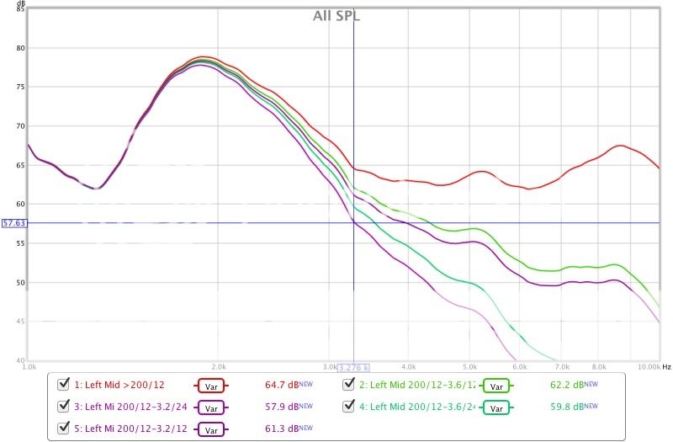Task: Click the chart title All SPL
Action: (336, 15)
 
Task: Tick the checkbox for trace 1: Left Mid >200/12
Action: (62, 385)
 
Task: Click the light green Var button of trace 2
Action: (496, 386)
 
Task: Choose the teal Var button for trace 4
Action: (496, 408)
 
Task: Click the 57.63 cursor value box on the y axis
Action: (14, 223)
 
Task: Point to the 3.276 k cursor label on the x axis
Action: (353, 367)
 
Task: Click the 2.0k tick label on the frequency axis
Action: (219, 367)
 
